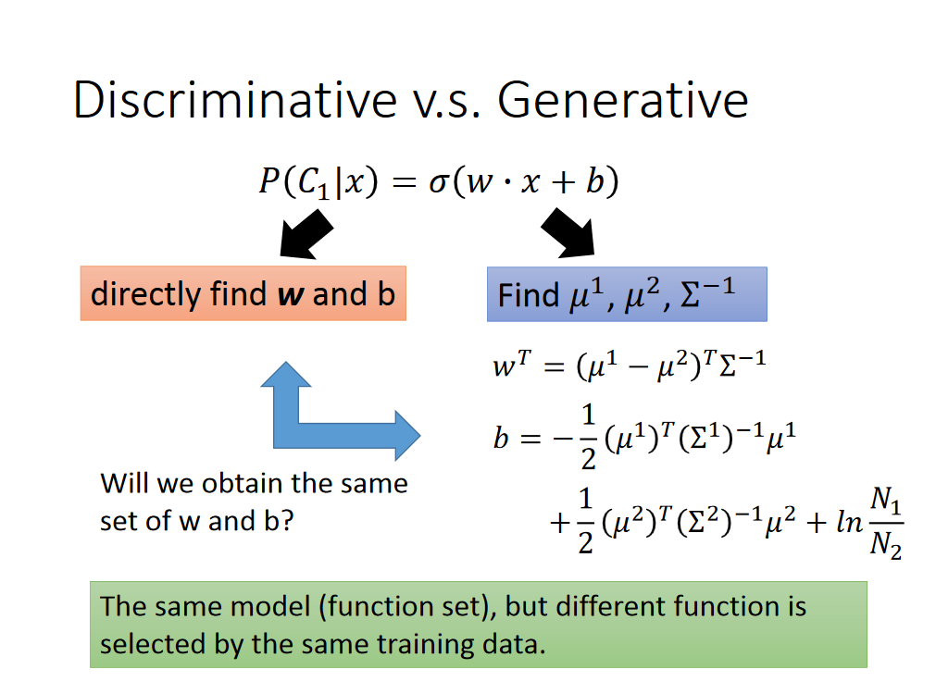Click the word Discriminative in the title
(x=235, y=100)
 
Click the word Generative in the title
(x=622, y=100)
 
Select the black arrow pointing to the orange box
(x=306, y=234)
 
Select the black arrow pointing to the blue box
(x=568, y=233)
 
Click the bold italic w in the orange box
(x=291, y=295)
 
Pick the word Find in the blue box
(x=528, y=295)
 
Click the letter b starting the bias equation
(x=500, y=439)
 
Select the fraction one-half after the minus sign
(x=589, y=438)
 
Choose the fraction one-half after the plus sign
(x=586, y=521)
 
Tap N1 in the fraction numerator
(x=886, y=500)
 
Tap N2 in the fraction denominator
(x=886, y=545)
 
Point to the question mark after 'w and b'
(x=287, y=520)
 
